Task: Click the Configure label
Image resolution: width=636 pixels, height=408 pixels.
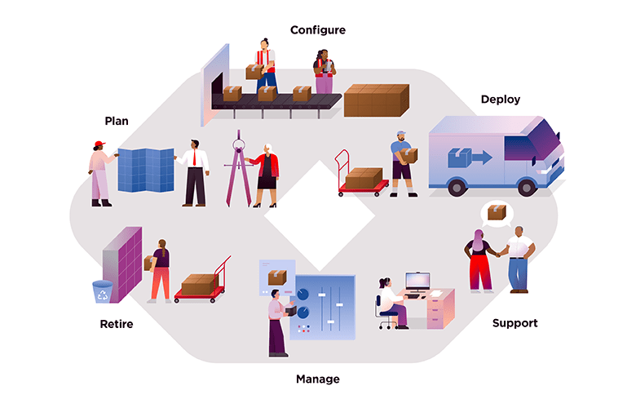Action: click(x=317, y=30)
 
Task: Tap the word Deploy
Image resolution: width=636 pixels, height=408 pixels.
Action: click(x=500, y=100)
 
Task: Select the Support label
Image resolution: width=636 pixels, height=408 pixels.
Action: click(x=515, y=323)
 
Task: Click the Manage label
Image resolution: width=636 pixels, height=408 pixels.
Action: click(x=317, y=379)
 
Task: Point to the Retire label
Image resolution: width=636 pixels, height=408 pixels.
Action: click(x=116, y=324)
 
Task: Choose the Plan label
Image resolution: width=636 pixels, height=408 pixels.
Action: click(x=116, y=121)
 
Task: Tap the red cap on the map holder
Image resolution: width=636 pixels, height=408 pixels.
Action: click(x=99, y=145)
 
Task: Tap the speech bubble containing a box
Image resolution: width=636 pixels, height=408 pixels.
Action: click(x=494, y=214)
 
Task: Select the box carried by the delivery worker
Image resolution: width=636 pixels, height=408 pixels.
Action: click(x=409, y=155)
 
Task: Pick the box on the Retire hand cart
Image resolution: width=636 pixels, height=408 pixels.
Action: click(x=199, y=284)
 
